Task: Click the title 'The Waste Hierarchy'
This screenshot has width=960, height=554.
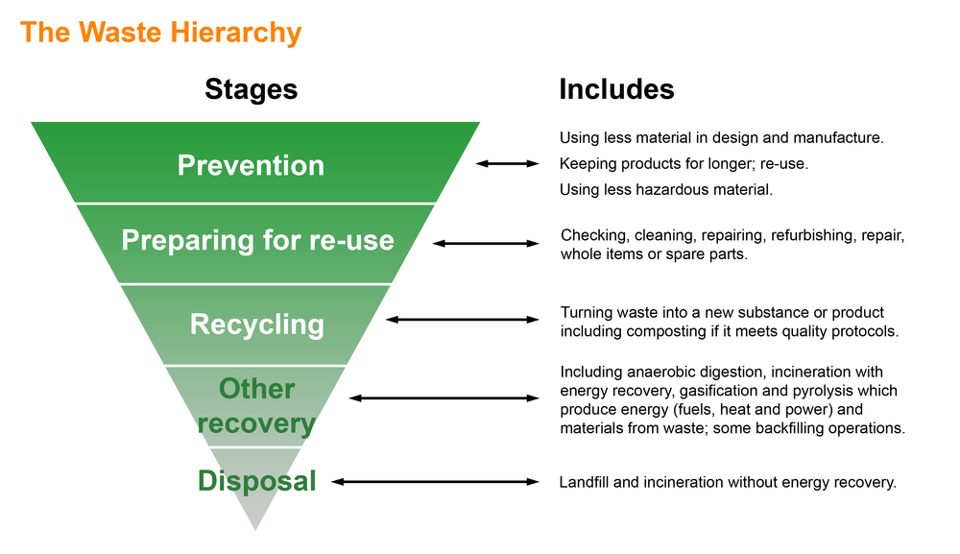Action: pyautogui.click(x=160, y=33)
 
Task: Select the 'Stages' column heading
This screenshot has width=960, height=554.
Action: pyautogui.click(x=251, y=89)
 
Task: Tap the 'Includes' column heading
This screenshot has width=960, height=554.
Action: pyautogui.click(x=616, y=89)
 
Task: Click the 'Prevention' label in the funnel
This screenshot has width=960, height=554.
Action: pyautogui.click(x=251, y=165)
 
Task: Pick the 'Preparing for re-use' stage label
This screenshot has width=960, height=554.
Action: pyautogui.click(x=257, y=239)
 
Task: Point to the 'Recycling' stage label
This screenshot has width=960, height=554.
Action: pyautogui.click(x=256, y=324)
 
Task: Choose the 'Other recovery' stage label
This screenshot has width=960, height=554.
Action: pyautogui.click(x=256, y=405)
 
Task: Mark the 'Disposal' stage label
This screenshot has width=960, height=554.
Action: pyautogui.click(x=256, y=480)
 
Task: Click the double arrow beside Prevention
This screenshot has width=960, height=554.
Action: pyautogui.click(x=508, y=164)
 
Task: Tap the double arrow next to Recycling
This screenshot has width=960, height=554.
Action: pyautogui.click(x=462, y=319)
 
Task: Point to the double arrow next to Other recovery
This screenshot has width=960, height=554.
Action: pyautogui.click(x=444, y=397)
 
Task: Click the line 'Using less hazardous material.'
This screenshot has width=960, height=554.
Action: pyautogui.click(x=666, y=190)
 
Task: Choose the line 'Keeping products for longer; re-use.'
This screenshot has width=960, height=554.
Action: pyautogui.click(x=684, y=164)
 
